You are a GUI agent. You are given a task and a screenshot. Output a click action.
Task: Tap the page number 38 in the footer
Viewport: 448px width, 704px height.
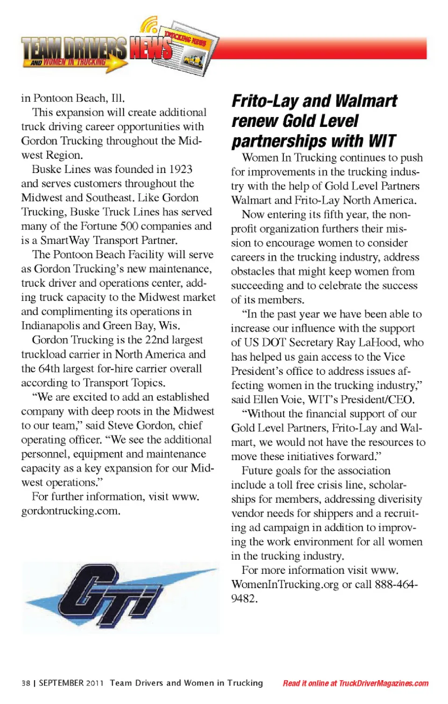[26, 683]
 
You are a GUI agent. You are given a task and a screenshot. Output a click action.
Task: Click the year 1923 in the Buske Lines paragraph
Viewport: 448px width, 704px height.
[181, 169]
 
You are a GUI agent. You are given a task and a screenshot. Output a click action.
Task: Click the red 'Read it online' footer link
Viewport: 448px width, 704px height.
[355, 683]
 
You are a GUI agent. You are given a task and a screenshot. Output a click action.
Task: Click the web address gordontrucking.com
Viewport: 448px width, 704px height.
[70, 511]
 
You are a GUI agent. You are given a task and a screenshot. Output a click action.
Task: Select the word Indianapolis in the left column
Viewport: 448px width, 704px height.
[50, 326]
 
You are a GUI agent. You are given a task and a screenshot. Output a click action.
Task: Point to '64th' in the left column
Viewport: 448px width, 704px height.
[49, 369]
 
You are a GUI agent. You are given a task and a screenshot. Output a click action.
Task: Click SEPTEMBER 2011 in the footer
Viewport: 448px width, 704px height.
[71, 683]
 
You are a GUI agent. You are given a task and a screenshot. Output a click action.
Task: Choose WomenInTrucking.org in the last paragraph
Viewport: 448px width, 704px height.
[285, 585]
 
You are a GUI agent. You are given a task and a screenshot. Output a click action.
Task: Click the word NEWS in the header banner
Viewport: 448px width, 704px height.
[150, 49]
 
